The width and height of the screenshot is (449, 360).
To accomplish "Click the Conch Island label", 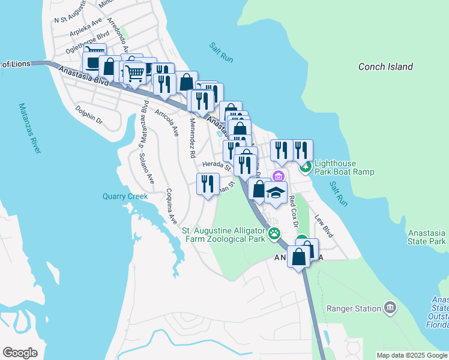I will [x=385, y=67].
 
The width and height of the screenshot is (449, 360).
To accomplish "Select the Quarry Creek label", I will [x=125, y=196].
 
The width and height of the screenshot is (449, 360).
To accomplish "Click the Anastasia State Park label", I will [x=426, y=237].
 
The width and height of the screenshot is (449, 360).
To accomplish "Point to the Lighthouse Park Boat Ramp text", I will [x=345, y=167].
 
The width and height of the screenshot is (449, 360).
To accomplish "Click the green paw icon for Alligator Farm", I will [x=275, y=233].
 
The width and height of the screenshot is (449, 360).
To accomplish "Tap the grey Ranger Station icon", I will [x=391, y=308].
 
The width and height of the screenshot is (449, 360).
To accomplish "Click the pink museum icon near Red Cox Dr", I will [x=277, y=176].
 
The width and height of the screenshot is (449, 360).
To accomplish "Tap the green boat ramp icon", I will [x=306, y=166].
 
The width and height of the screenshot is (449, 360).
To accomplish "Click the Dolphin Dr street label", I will [x=89, y=115].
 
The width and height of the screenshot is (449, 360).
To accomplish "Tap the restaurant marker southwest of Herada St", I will [x=208, y=184].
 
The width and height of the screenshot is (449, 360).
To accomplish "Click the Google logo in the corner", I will [x=20, y=353].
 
